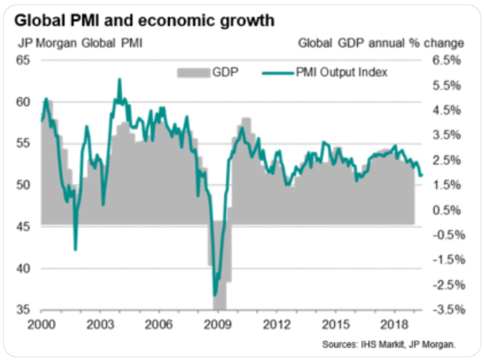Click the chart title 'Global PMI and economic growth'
pos(145,21)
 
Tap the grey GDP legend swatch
pos(193,72)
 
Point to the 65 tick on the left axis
pos(25,60)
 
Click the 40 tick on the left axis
pos(25,268)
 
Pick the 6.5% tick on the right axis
pos(447,60)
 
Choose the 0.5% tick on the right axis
pos(447,210)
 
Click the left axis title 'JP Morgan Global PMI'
pos(80,43)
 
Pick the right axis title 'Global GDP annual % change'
pos(381,43)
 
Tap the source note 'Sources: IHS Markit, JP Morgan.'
pos(389,344)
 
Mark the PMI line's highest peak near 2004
pos(119,79)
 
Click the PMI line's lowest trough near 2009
pos(214,295)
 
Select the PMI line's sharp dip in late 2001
pos(76,249)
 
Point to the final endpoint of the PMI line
pos(422,176)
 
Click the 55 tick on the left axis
pos(25,143)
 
